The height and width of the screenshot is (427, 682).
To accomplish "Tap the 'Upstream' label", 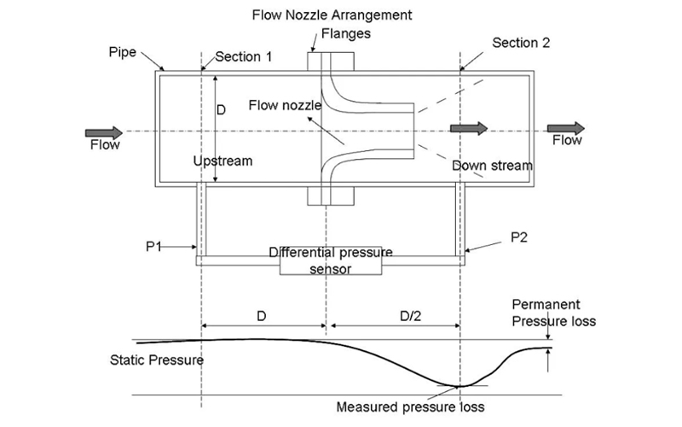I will tap(223, 161).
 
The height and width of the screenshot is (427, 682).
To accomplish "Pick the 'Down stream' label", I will tap(492, 166).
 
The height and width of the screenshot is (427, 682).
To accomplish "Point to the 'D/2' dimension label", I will tap(399, 316).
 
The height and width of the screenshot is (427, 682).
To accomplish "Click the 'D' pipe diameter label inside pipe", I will tap(221, 111).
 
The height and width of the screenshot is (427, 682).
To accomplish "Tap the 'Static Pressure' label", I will tap(150, 360).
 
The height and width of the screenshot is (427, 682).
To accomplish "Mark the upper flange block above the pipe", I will tap(329, 61).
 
